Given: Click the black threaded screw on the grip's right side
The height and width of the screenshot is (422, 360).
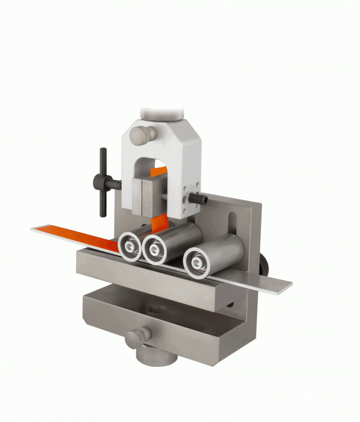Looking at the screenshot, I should [x=198, y=198].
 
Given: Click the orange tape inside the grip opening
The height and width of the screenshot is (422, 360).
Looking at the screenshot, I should [x=158, y=172].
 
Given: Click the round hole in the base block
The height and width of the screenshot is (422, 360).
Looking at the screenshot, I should [x=158, y=311].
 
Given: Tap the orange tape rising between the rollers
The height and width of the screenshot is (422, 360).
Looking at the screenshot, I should [x=160, y=224].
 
